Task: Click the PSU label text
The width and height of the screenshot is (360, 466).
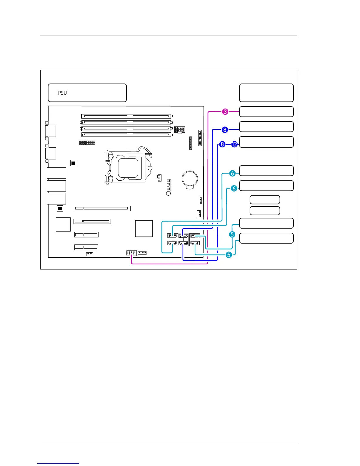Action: point(62,93)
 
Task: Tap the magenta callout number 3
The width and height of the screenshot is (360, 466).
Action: point(225,112)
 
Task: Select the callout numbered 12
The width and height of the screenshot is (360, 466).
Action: point(234,144)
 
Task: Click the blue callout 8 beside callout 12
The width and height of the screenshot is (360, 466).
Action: point(222,144)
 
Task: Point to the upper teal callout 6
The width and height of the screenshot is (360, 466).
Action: point(232,173)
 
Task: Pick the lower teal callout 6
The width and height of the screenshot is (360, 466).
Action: point(234,188)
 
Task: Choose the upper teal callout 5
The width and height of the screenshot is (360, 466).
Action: point(232,234)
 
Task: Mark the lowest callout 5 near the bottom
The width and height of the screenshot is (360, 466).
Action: point(229,255)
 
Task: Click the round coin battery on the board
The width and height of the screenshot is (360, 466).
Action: point(190,179)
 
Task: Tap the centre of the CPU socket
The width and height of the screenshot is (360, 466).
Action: point(127,167)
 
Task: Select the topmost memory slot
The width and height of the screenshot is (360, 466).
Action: point(126,116)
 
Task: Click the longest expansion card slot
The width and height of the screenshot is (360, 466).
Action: point(102,208)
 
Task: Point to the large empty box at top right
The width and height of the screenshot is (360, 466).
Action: point(266,93)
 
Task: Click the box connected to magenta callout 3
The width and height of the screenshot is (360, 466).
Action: point(266,112)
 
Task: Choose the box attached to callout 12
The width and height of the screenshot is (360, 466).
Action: point(266,142)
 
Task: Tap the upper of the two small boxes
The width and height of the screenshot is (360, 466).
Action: point(265,200)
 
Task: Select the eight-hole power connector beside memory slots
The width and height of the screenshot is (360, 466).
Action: point(180,129)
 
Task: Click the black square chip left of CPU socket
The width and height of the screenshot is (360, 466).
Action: point(73,163)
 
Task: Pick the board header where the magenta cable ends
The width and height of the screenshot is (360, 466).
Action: point(131,253)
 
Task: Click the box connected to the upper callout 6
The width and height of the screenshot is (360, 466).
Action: point(266,171)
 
